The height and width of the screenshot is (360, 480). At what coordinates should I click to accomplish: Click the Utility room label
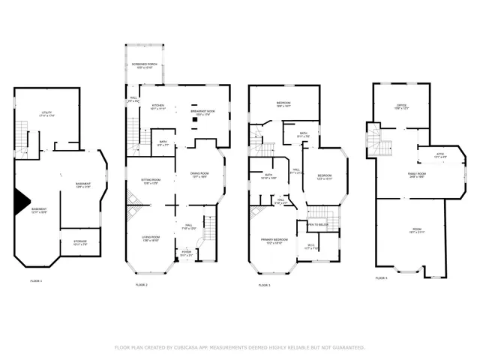(x=46, y=113)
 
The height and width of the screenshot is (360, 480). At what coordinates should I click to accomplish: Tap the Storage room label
(x=80, y=242)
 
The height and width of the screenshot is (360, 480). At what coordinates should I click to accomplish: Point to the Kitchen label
(x=158, y=106)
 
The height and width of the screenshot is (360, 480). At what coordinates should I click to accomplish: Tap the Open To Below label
(x=319, y=223)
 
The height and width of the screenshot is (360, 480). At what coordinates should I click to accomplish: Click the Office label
(x=401, y=106)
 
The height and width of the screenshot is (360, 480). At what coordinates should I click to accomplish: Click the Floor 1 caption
(x=36, y=280)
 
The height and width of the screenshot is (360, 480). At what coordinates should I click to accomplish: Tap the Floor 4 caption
(x=382, y=277)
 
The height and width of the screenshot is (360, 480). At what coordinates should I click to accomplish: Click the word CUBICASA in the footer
(x=195, y=347)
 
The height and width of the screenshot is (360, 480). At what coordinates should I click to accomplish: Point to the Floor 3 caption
(x=265, y=285)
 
